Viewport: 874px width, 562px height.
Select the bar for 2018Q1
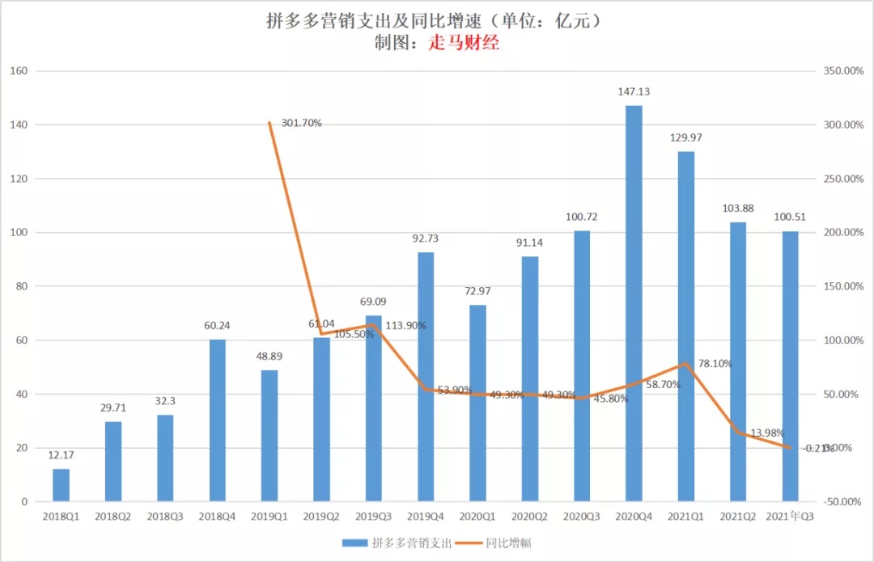click(61, 485)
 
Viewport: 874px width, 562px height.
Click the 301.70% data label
click(302, 123)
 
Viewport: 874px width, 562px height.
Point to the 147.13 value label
click(634, 92)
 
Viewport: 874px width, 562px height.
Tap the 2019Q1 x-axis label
click(269, 515)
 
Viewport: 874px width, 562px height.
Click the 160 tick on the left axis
click(19, 71)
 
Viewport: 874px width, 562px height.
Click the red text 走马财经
click(464, 44)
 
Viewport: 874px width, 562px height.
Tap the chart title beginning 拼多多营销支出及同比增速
click(436, 21)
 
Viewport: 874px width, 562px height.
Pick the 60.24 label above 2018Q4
click(218, 326)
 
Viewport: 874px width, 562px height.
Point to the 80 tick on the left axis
click(22, 286)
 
